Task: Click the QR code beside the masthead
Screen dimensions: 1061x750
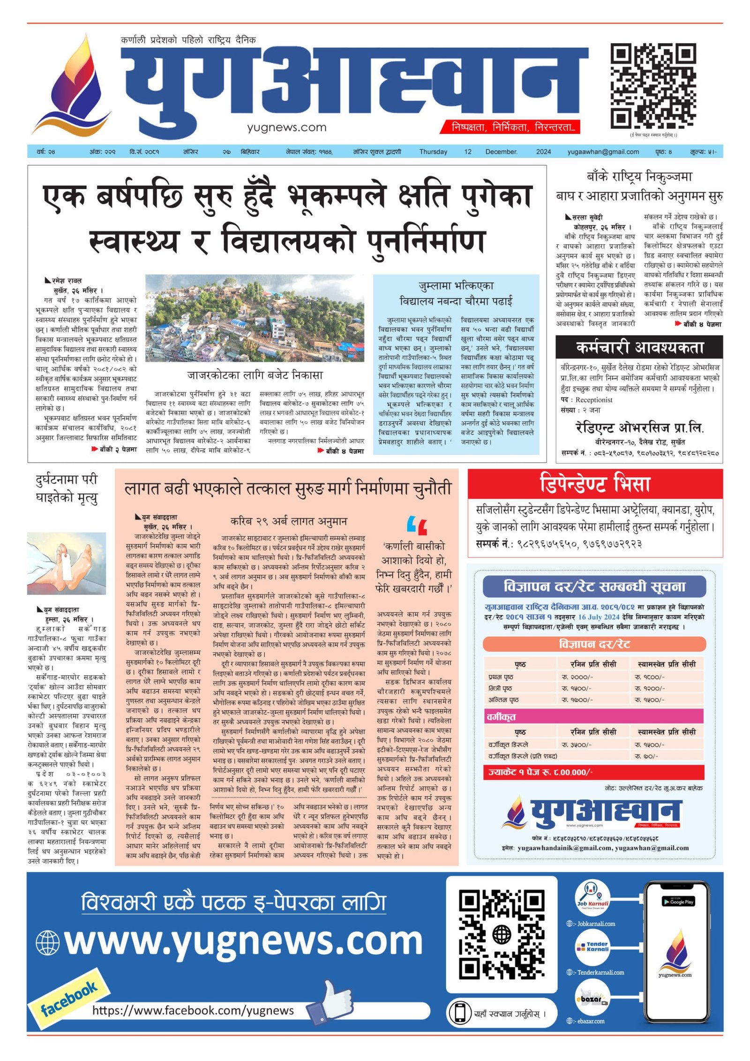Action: tap(652, 86)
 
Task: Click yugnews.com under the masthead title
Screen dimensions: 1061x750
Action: tap(286, 128)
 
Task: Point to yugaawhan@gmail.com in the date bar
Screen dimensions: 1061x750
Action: tap(603, 152)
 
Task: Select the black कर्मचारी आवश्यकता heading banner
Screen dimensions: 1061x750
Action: tap(639, 347)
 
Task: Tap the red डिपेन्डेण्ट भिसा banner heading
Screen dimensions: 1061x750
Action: tap(594, 484)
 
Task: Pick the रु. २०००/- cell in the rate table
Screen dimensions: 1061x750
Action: tap(577, 677)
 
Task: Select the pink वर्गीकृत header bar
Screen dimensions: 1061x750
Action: tap(594, 716)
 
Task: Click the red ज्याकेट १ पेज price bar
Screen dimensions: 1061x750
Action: tap(594, 772)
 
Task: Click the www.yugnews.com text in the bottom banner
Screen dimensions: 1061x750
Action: tap(243, 941)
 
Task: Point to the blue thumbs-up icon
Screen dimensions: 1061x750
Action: tap(330, 1002)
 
